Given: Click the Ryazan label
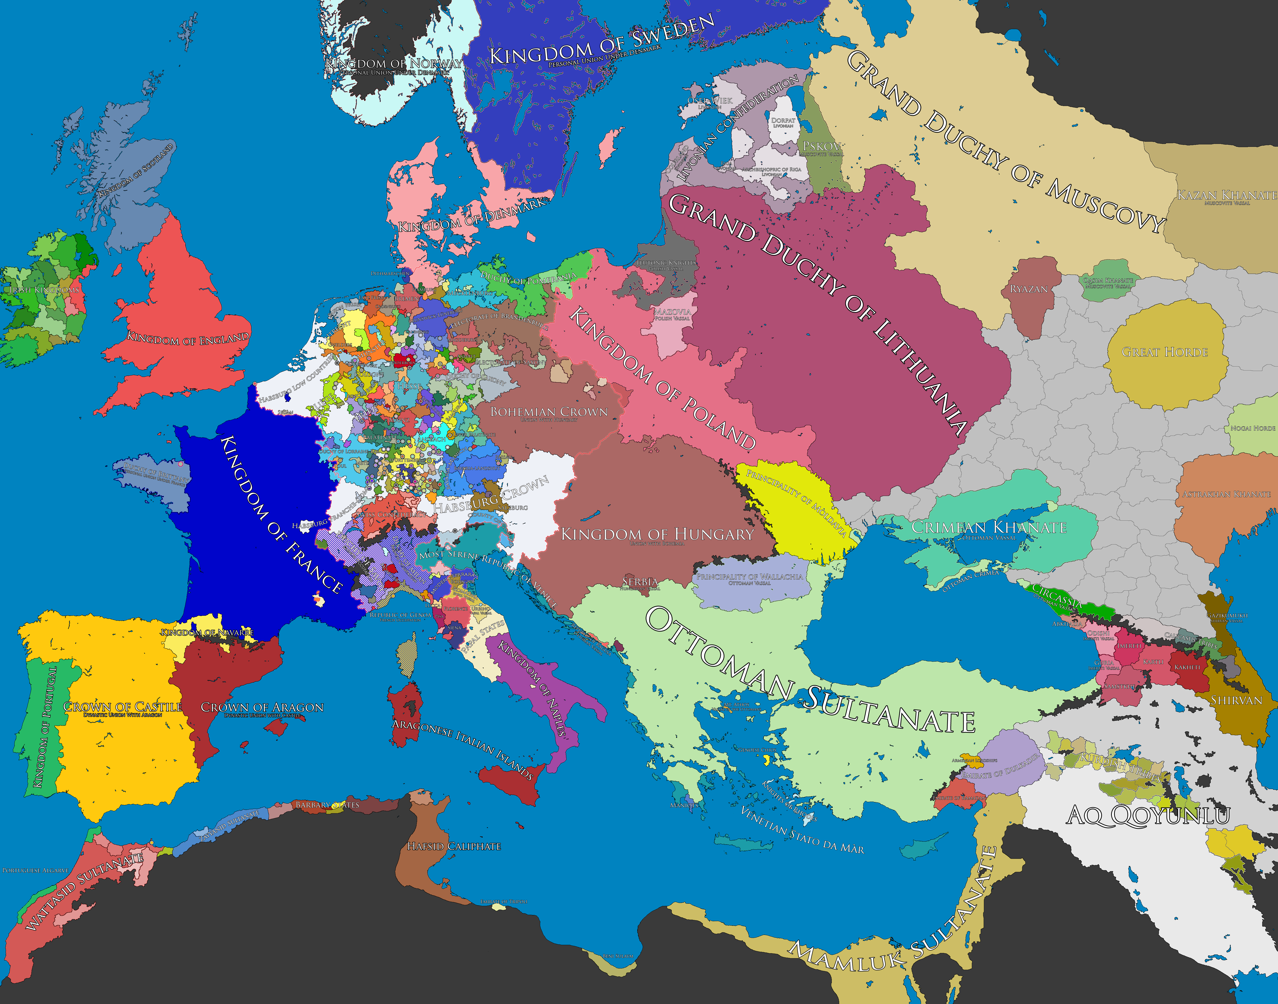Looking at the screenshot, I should pyautogui.click(x=1029, y=289).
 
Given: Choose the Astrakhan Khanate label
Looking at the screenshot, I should pyautogui.click(x=1226, y=494).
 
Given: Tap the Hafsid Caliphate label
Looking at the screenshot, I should pyautogui.click(x=454, y=846).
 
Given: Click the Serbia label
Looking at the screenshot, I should pyautogui.click(x=640, y=582).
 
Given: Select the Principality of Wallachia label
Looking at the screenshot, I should pyautogui.click(x=749, y=577).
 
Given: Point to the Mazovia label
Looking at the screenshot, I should pyautogui.click(x=672, y=312).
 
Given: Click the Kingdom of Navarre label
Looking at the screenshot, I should pyautogui.click(x=207, y=633).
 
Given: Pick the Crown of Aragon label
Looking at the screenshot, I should pyautogui.click(x=262, y=707).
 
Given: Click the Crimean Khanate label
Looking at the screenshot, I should pyautogui.click(x=989, y=527).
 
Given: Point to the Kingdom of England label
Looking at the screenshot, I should pyautogui.click(x=188, y=339).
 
